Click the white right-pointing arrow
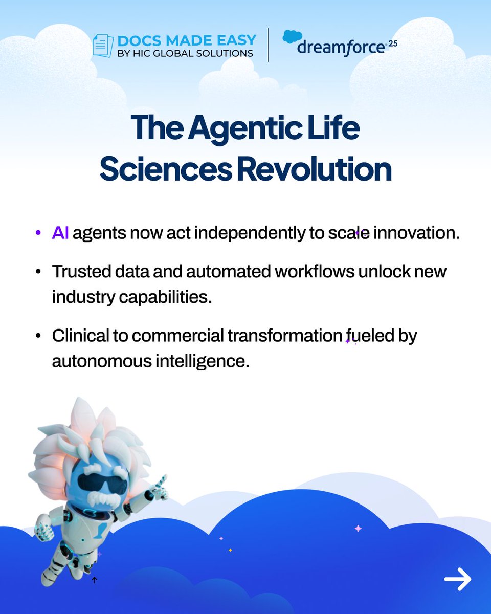pyautogui.click(x=457, y=579)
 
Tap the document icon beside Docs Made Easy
pyautogui.click(x=103, y=46)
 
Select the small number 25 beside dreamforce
pyautogui.click(x=393, y=45)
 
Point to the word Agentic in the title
pyautogui.click(x=244, y=128)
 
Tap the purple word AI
pyautogui.click(x=60, y=233)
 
